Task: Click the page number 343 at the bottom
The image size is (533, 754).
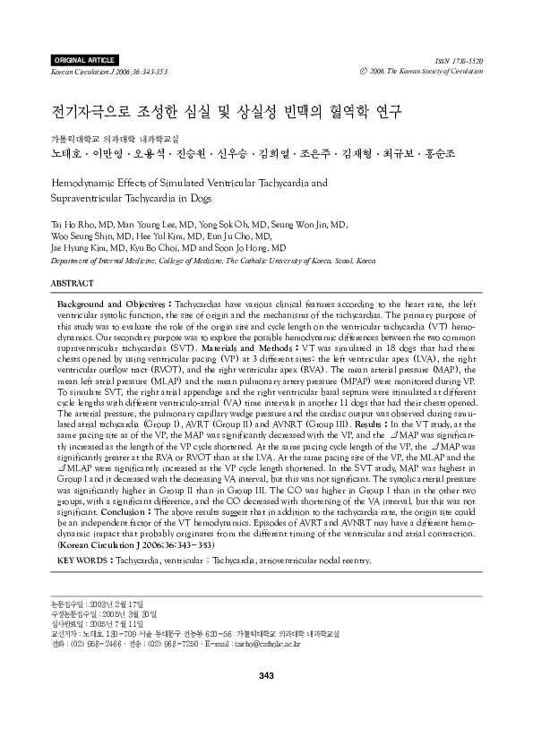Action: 265,674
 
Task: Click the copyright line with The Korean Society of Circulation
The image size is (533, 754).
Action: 426,70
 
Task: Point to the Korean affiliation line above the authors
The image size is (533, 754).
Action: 101,139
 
